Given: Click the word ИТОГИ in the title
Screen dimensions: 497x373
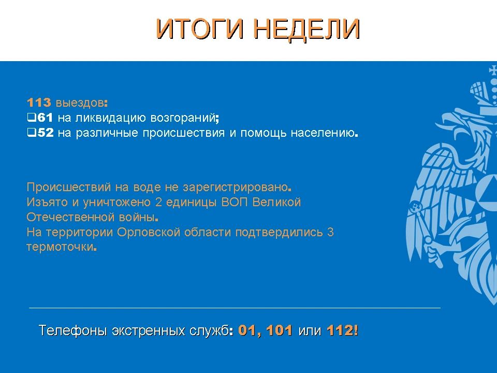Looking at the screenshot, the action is click(200, 29).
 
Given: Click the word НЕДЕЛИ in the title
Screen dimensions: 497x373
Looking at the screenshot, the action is click(307, 30).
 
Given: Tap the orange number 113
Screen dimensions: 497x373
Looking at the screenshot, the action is click(39, 103).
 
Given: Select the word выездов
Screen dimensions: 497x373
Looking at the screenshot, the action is click(80, 103).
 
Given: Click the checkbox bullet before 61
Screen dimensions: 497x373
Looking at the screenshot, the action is click(32, 118).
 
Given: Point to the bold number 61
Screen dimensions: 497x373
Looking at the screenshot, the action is click(45, 118).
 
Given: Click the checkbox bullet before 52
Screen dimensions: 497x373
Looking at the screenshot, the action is click(32, 133).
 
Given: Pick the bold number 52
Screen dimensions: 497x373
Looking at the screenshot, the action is click(46, 133).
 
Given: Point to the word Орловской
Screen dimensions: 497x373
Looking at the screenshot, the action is click(149, 232).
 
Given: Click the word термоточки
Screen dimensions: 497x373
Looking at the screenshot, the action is click(60, 247).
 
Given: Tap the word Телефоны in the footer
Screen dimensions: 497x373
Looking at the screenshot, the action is click(72, 330).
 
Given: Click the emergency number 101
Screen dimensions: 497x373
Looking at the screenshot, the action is click(279, 331).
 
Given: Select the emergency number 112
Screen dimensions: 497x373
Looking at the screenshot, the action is click(340, 331).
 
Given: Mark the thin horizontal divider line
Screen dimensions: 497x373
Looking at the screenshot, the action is click(235, 308).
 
